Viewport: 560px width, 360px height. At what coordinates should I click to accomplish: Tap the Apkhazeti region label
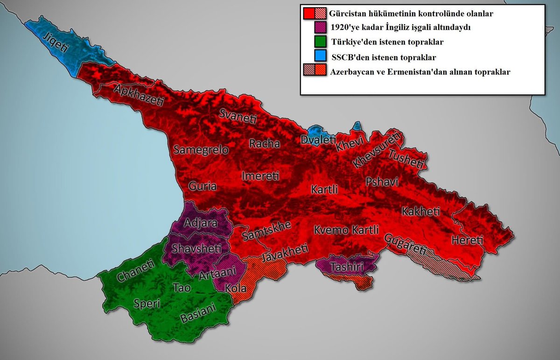[138, 95]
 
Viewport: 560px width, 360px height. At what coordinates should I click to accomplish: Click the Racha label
[264, 143]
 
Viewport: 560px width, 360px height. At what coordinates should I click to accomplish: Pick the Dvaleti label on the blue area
[318, 139]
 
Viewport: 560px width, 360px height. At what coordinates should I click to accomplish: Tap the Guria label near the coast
[203, 186]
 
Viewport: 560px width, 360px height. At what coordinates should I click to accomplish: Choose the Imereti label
[260, 176]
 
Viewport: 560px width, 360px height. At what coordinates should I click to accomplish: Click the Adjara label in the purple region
[201, 223]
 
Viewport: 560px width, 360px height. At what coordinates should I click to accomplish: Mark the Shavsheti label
[193, 248]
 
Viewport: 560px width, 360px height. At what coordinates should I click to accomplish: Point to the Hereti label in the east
[467, 240]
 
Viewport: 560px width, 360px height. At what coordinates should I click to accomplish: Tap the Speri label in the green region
[147, 304]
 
